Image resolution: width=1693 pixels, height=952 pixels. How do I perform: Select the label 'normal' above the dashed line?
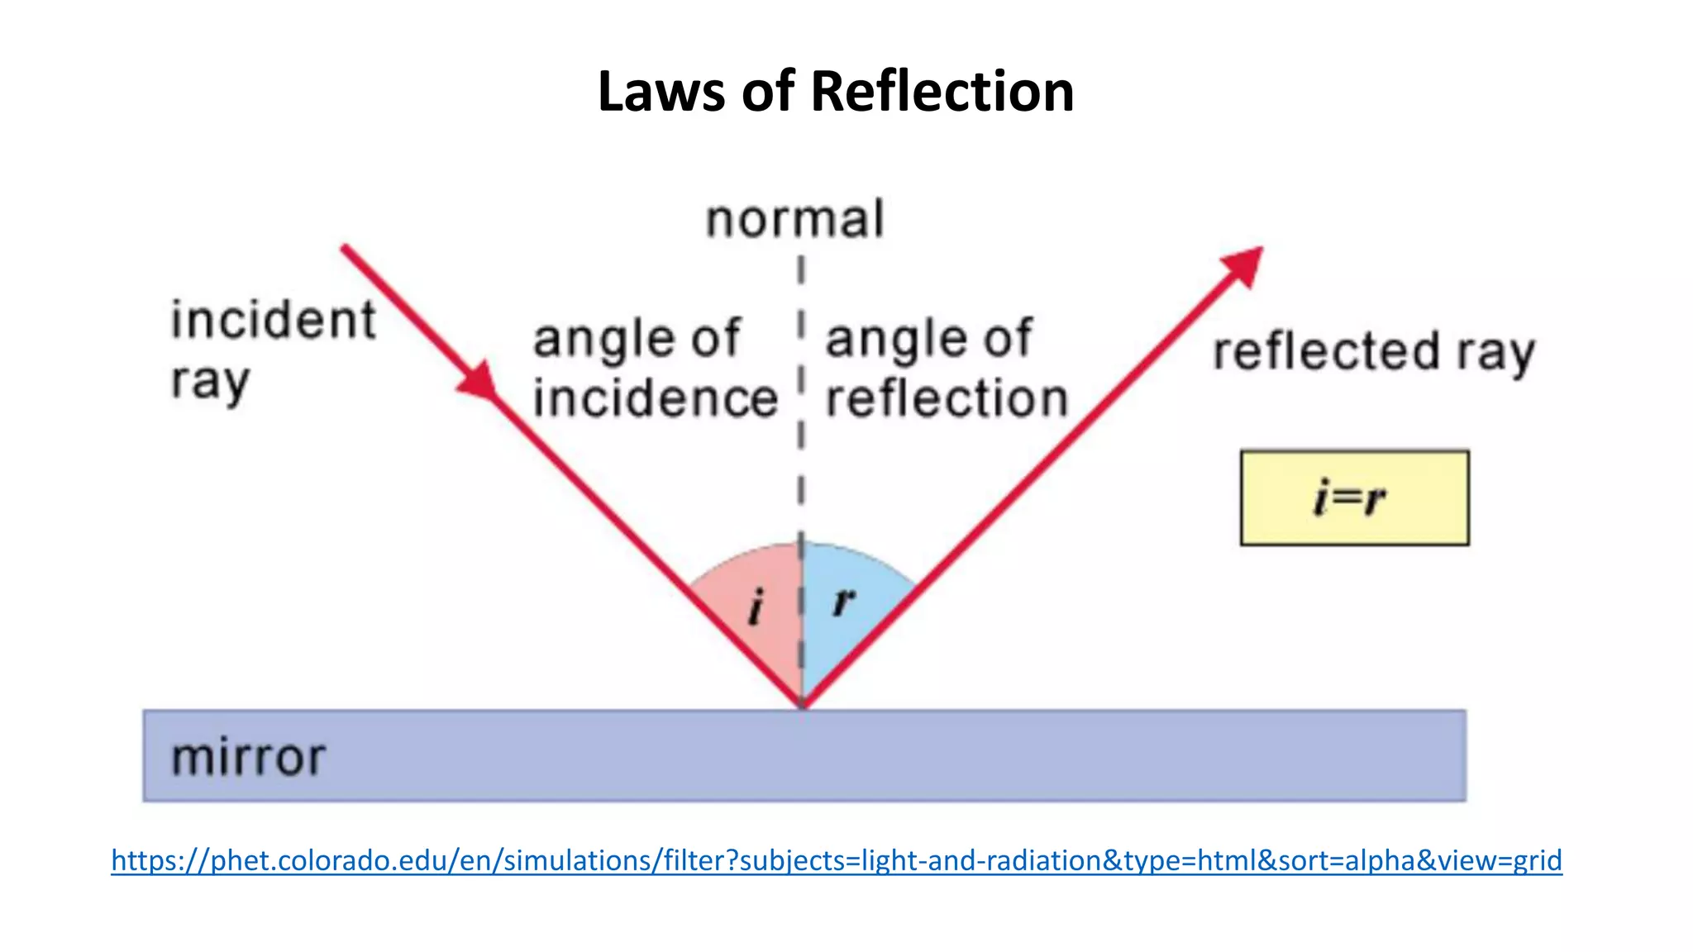click(795, 220)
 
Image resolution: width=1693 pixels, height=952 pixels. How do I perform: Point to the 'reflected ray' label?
click(1373, 353)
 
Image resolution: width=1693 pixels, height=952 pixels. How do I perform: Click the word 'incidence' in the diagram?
click(655, 399)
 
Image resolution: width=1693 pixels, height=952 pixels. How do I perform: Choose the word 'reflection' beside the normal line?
click(947, 399)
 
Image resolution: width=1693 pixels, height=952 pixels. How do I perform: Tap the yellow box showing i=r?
click(1354, 497)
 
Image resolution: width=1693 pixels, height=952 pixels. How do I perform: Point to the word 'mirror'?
click(248, 758)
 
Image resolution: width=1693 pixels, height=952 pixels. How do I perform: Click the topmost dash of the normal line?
click(801, 269)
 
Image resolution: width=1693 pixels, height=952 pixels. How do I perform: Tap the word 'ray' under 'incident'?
click(210, 383)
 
